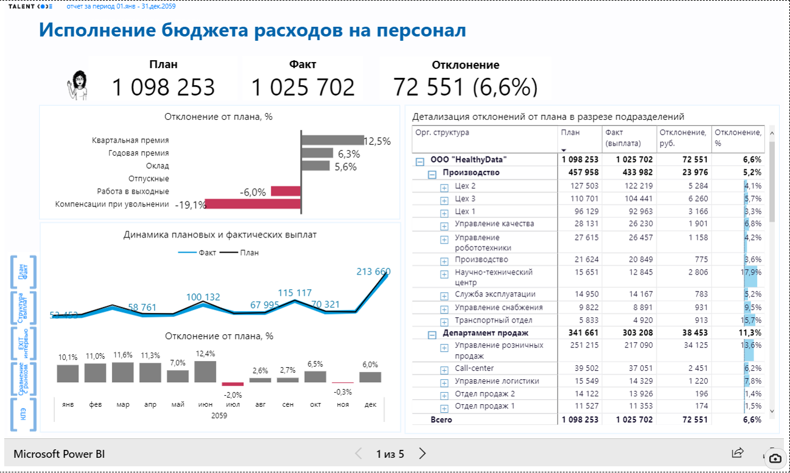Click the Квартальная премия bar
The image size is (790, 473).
[332, 140]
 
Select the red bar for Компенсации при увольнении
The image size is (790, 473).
[253, 205]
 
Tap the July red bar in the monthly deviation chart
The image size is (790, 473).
[232, 384]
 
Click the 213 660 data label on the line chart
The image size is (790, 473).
[373, 272]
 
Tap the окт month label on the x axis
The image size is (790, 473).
[315, 404]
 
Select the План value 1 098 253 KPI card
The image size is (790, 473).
[163, 88]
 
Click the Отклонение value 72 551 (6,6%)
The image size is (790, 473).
[466, 88]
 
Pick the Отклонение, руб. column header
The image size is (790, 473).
[684, 137]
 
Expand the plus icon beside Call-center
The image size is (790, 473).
[444, 369]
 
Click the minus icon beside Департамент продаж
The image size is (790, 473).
[432, 334]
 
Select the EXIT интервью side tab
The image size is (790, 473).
[24, 344]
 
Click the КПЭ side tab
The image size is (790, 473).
[24, 415]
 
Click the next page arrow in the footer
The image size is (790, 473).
[422, 454]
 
